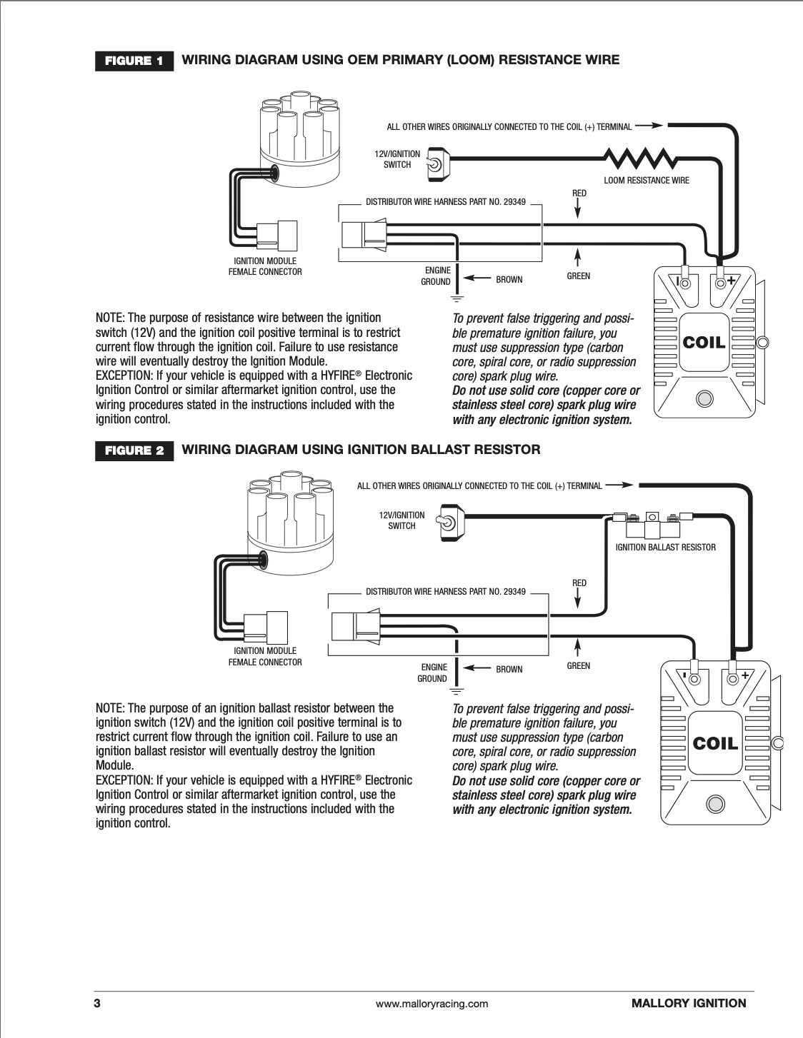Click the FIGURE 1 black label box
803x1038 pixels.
click(134, 61)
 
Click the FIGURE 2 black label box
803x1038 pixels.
click(134, 451)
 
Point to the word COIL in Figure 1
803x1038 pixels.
click(704, 343)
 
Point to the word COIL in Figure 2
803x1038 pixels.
click(715, 744)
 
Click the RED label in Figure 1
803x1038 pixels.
click(579, 193)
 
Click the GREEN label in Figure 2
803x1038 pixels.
click(578, 666)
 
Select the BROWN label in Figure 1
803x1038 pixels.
click(509, 280)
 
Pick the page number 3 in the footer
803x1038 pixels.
click(97, 1003)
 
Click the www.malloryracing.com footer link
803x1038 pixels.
click(432, 1004)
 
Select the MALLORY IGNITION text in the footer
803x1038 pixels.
click(688, 1003)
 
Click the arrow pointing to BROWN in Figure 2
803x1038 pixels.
click(476, 668)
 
